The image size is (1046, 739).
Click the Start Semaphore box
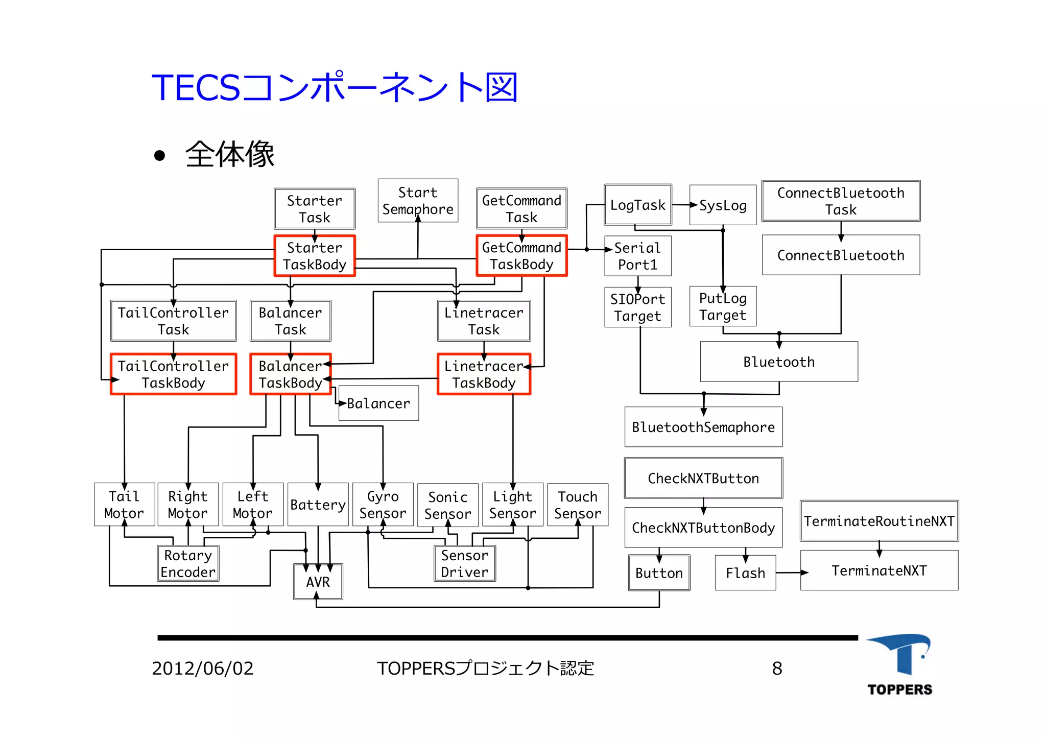(418, 200)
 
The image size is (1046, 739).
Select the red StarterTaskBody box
(315, 256)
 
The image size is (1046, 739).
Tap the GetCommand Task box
(521, 208)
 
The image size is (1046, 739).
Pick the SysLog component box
(723, 205)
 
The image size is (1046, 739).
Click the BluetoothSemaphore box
(703, 427)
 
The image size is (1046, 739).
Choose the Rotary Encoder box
(188, 563)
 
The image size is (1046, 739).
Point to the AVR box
(318, 582)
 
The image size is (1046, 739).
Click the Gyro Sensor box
(383, 505)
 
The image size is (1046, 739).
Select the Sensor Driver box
(464, 563)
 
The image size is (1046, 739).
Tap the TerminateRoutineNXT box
(879, 521)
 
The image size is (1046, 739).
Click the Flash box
(745, 573)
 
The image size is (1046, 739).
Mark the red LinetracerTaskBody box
(484, 374)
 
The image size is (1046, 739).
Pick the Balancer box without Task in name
(378, 403)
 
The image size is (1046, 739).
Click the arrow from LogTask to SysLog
(684, 205)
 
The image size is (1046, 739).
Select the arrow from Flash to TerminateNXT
(791, 573)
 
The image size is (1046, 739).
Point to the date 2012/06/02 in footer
(203, 669)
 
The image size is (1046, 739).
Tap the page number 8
(777, 669)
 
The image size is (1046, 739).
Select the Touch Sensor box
(578, 505)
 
